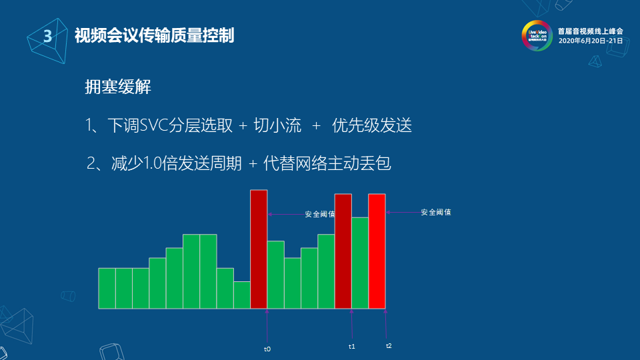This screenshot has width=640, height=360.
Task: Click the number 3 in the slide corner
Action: tap(47, 37)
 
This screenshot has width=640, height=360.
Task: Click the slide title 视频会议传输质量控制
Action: tap(154, 36)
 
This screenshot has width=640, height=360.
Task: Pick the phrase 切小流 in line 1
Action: tap(277, 125)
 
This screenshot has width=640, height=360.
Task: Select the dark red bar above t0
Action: tap(259, 249)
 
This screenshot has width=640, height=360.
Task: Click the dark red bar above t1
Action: tap(343, 251)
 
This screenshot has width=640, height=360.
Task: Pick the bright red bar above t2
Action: tap(377, 251)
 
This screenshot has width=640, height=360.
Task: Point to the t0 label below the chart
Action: tap(267, 349)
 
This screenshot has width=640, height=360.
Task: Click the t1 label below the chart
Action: tap(352, 347)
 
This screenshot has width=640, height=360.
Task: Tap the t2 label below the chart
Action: tap(389, 346)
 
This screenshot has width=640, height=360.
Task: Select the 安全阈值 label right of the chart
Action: tap(436, 212)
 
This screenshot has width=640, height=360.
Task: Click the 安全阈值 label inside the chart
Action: tap(320, 215)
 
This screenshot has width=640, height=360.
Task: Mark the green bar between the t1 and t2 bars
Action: tap(360, 263)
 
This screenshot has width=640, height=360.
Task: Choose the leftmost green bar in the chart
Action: tap(107, 288)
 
